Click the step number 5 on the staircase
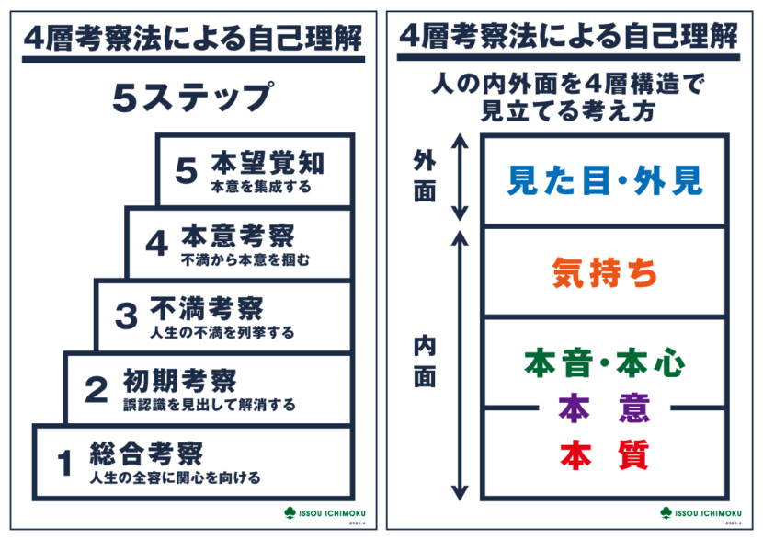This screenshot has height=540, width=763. [188, 170]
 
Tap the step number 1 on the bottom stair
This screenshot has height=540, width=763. [64, 464]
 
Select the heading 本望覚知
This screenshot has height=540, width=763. [267, 162]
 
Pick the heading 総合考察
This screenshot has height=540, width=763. [145, 452]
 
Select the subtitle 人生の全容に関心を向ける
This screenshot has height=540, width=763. [175, 478]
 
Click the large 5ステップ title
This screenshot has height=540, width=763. [193, 98]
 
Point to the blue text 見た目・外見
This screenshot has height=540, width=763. [605, 180]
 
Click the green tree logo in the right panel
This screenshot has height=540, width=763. [666, 511]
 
